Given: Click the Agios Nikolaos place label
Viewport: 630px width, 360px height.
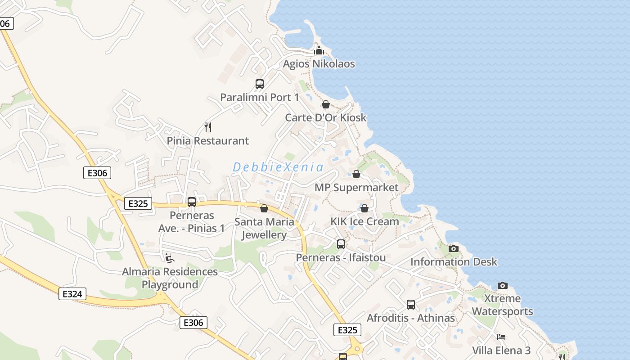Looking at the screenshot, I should [319, 64].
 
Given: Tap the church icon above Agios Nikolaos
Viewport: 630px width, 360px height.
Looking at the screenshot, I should [319, 50].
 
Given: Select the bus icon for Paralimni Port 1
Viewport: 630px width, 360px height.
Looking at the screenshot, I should [260, 84].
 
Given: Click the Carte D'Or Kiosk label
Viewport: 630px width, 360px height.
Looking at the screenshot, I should [326, 118].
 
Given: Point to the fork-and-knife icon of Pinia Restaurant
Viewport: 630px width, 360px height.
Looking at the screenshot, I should [207, 127].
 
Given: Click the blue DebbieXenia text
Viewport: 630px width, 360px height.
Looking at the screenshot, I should [278, 167].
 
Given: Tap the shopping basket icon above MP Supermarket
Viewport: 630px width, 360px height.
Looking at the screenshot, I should [356, 174].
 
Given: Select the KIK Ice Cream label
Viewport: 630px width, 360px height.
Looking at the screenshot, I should [364, 221].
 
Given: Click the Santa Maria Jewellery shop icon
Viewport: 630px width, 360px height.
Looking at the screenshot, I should [264, 208].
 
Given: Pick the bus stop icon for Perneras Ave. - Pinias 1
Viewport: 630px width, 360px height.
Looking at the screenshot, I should [192, 202].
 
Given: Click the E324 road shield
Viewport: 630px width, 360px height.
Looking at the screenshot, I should [72, 294].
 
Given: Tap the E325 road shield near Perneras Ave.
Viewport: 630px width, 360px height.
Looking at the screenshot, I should [138, 203].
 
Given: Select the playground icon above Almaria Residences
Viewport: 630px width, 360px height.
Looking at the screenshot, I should [170, 258].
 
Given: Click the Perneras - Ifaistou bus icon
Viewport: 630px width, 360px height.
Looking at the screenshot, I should [341, 244].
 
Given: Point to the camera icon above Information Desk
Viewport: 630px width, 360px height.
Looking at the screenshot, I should [454, 248].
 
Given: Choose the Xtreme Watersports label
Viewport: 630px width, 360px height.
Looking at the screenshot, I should [502, 305].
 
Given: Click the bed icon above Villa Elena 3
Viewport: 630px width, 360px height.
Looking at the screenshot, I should [501, 337].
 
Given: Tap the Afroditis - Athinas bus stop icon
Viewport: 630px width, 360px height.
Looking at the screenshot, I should [411, 305].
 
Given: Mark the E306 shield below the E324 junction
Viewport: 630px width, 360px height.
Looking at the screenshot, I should [193, 322].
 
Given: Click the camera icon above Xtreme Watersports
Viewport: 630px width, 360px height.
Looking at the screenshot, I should [503, 285].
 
